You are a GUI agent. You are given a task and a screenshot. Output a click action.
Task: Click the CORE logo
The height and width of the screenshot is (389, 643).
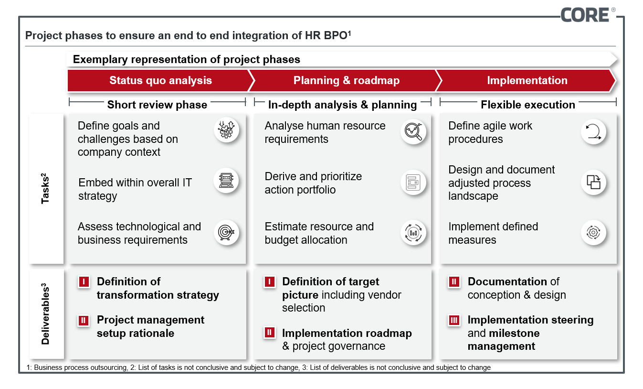coord(587,15)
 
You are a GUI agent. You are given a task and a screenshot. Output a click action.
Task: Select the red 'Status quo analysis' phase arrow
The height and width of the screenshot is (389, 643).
coord(161,80)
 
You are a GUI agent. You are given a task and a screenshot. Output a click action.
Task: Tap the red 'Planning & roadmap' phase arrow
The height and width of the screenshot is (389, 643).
coord(346,80)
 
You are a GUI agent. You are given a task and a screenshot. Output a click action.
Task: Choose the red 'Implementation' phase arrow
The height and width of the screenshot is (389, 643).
coord(527,80)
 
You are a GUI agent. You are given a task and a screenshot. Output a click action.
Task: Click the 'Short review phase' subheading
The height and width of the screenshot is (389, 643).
coord(157,105)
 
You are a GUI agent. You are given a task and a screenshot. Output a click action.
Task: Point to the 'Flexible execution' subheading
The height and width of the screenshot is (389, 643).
coord(528,105)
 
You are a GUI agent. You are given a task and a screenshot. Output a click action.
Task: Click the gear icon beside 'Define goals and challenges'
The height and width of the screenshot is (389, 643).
coord(226,130)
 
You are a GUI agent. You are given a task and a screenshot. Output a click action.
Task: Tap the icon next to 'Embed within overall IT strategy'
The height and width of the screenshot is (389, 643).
coord(226,181)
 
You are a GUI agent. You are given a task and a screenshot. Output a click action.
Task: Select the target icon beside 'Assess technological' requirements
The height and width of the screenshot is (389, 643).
coord(226,232)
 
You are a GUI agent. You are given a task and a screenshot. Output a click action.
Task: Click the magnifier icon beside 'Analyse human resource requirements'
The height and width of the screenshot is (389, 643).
coord(413,131)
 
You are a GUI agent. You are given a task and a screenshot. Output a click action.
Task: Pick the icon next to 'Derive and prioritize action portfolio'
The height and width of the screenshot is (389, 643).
coord(413,183)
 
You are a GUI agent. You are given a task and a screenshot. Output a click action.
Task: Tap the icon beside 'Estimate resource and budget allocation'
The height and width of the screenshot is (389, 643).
coord(413,232)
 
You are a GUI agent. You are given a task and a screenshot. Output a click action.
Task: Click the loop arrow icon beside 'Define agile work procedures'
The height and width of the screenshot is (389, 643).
coord(594,131)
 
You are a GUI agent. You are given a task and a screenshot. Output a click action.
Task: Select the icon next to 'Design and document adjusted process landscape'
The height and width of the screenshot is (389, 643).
coord(594,182)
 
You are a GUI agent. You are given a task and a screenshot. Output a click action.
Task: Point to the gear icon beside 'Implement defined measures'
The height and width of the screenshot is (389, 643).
coord(594,232)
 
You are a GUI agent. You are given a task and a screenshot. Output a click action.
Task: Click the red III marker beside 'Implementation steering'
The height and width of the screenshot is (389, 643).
coord(454,320)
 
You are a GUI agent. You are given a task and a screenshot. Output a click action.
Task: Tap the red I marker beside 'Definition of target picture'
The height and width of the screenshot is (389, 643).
coord(270,282)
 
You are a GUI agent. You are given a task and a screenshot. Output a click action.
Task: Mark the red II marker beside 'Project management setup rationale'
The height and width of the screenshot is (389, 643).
coord(84,320)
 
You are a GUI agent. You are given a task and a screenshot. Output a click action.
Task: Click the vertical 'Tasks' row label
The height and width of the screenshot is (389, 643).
coord(45,188)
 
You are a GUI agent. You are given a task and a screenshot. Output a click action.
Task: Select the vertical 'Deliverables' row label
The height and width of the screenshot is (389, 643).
coord(45,313)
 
